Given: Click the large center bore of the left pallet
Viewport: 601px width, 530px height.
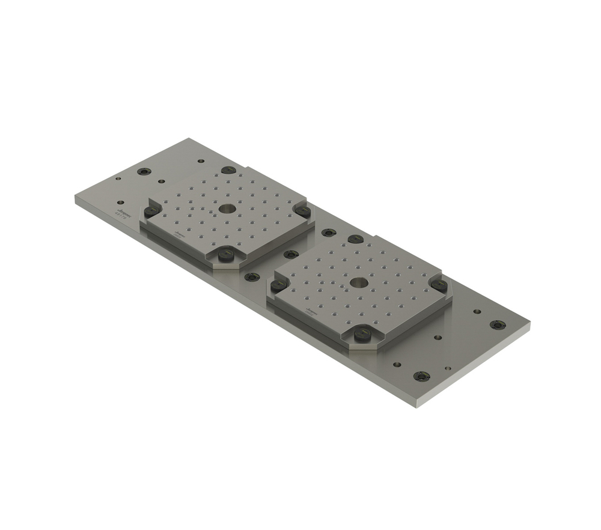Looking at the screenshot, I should point(227,209).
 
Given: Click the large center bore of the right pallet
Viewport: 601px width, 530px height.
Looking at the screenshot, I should point(359,281).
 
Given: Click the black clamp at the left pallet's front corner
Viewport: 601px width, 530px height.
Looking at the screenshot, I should point(226,255).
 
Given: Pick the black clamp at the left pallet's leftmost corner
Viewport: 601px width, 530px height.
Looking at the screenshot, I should point(151,211).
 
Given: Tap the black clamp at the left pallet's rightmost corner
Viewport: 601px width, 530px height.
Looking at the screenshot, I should point(304,211).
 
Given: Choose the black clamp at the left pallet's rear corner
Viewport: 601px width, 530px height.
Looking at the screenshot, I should point(228,170).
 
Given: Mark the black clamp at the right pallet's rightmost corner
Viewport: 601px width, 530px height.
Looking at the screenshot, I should point(439,285).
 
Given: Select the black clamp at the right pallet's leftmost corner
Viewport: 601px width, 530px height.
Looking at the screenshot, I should point(279,286).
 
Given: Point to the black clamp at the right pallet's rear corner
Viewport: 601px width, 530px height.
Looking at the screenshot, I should point(356,239).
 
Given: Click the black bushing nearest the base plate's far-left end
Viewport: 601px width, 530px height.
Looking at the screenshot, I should point(143,171).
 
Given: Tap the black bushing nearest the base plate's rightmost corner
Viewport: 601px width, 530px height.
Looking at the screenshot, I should point(498,324).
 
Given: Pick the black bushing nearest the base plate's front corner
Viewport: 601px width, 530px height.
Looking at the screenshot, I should point(422,376).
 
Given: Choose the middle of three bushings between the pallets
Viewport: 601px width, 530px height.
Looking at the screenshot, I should point(291,254).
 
